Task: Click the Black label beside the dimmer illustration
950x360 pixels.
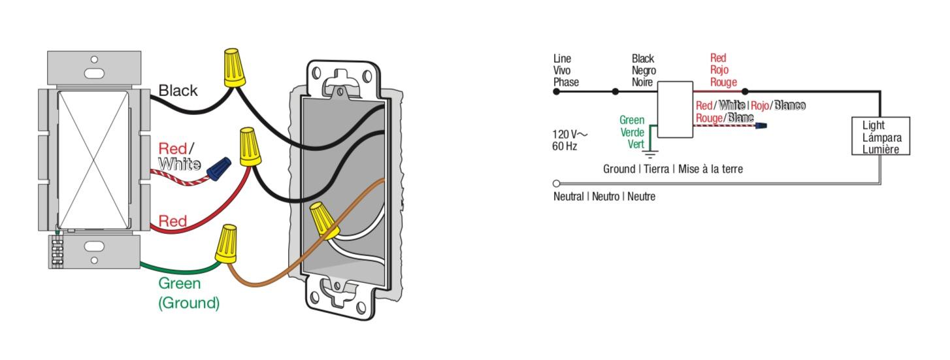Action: click(178, 91)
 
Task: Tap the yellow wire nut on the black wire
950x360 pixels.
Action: click(235, 68)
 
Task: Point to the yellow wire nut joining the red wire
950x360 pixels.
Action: click(249, 147)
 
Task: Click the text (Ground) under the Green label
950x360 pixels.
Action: click(189, 303)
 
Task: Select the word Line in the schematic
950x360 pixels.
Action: click(562, 59)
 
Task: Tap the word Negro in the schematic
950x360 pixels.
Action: click(644, 71)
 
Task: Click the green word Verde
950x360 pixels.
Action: click(632, 133)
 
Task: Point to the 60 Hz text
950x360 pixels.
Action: click(565, 146)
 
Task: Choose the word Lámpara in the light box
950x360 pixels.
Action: click(881, 137)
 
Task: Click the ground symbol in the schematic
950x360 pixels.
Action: click(651, 155)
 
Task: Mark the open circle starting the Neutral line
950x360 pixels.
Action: click(557, 184)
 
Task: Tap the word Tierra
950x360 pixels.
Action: click(655, 169)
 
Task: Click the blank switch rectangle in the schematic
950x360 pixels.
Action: click(675, 110)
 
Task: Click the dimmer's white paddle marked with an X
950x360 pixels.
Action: click(93, 159)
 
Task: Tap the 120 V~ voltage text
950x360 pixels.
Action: click(570, 134)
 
